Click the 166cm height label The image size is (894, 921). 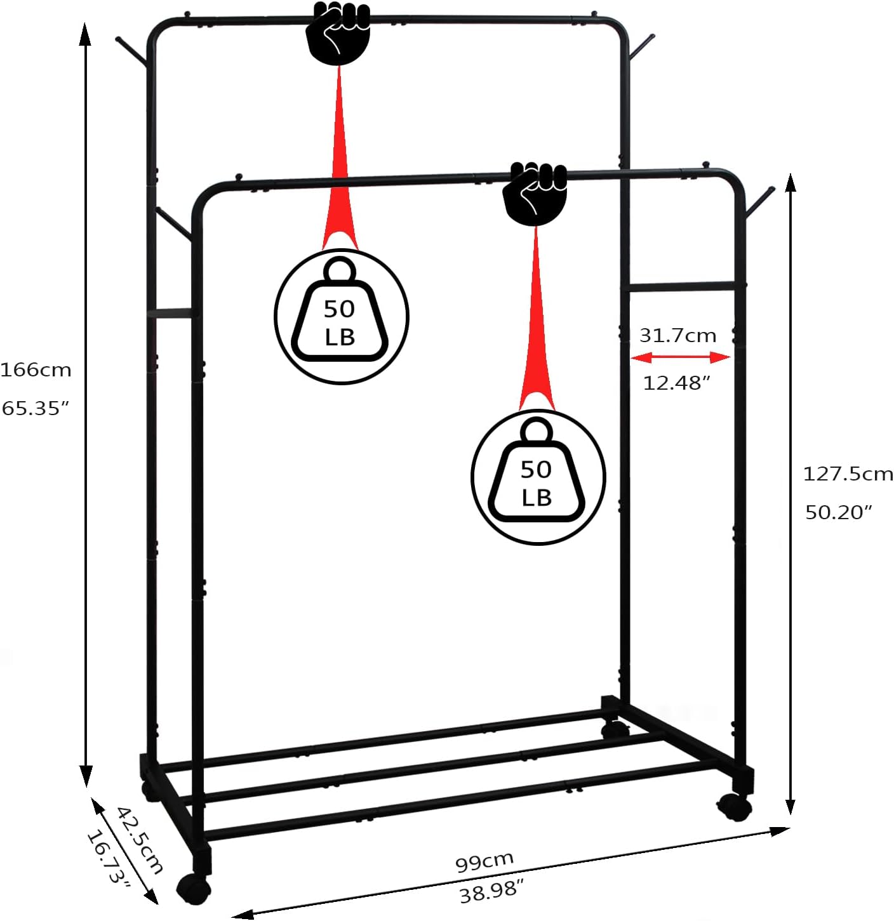coord(36,370)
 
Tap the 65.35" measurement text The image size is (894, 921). coord(35,408)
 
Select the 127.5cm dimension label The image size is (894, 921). coord(848,474)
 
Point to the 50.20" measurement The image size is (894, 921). coord(839,512)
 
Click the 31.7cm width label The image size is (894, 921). coord(677,336)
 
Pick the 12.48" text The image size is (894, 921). coord(676,383)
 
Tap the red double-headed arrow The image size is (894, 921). coord(680,359)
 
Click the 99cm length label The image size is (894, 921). coord(484,861)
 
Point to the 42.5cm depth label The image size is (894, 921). coord(140,839)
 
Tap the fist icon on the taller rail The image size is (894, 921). coord(338,32)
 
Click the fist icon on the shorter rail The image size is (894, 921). coord(535,192)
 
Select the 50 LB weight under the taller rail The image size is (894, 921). coord(341,316)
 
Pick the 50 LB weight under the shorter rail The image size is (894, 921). coord(538,477)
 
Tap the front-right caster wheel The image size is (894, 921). coord(735,807)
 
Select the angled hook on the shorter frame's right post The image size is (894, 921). coord(759,201)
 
